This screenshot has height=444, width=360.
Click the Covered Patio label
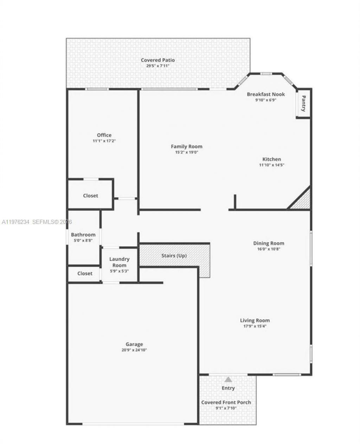(158, 60)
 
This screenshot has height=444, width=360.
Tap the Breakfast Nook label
(265, 94)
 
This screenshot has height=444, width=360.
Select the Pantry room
(303, 104)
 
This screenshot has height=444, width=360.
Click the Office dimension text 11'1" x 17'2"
(104, 141)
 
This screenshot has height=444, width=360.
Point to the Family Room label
(186, 147)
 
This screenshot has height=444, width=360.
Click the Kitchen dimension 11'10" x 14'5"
(271, 165)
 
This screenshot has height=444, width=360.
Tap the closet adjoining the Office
(90, 196)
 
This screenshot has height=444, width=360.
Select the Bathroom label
(83, 235)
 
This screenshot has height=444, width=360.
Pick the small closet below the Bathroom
(85, 274)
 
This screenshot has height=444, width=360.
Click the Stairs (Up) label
(174, 256)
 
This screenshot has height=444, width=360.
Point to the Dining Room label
(269, 243)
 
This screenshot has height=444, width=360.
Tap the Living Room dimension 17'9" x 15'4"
(255, 326)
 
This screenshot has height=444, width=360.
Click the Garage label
(134, 344)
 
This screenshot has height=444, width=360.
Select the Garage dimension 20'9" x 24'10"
(134, 350)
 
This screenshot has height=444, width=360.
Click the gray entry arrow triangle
(228, 380)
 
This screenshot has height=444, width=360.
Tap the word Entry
(228, 388)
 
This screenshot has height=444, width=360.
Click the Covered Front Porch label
(226, 402)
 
